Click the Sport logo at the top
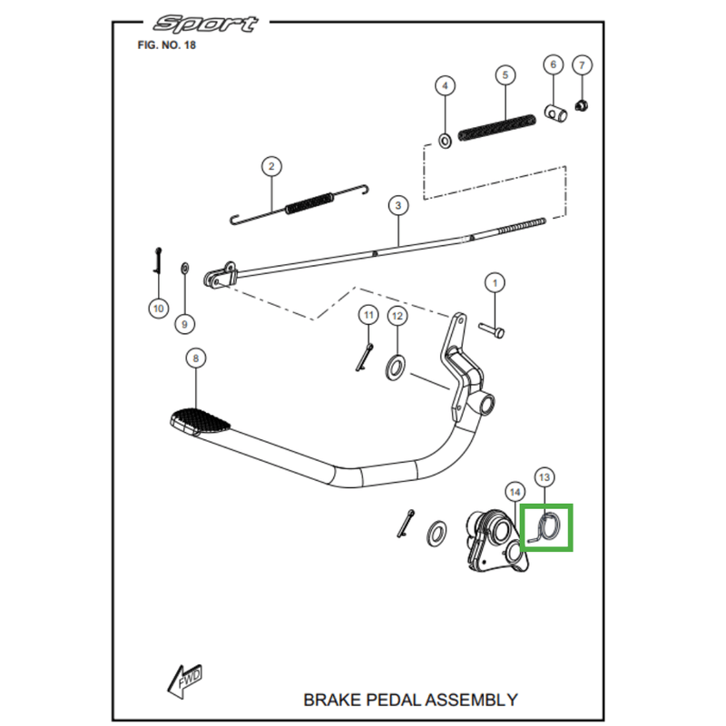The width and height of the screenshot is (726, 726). (205, 24)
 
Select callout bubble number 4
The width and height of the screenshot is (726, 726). (445, 86)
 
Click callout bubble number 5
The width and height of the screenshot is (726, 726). (505, 74)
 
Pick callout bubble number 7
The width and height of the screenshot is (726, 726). (583, 64)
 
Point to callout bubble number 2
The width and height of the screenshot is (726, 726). (270, 166)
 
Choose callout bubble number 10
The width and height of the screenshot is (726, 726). (158, 309)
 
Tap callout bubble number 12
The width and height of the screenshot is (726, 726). (397, 316)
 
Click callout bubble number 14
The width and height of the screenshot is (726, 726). (515, 492)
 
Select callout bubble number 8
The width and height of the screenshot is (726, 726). (195, 358)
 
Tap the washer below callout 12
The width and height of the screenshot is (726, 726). (397, 367)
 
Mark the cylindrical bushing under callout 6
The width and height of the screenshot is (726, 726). (554, 113)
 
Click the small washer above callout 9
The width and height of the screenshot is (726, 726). (185, 268)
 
